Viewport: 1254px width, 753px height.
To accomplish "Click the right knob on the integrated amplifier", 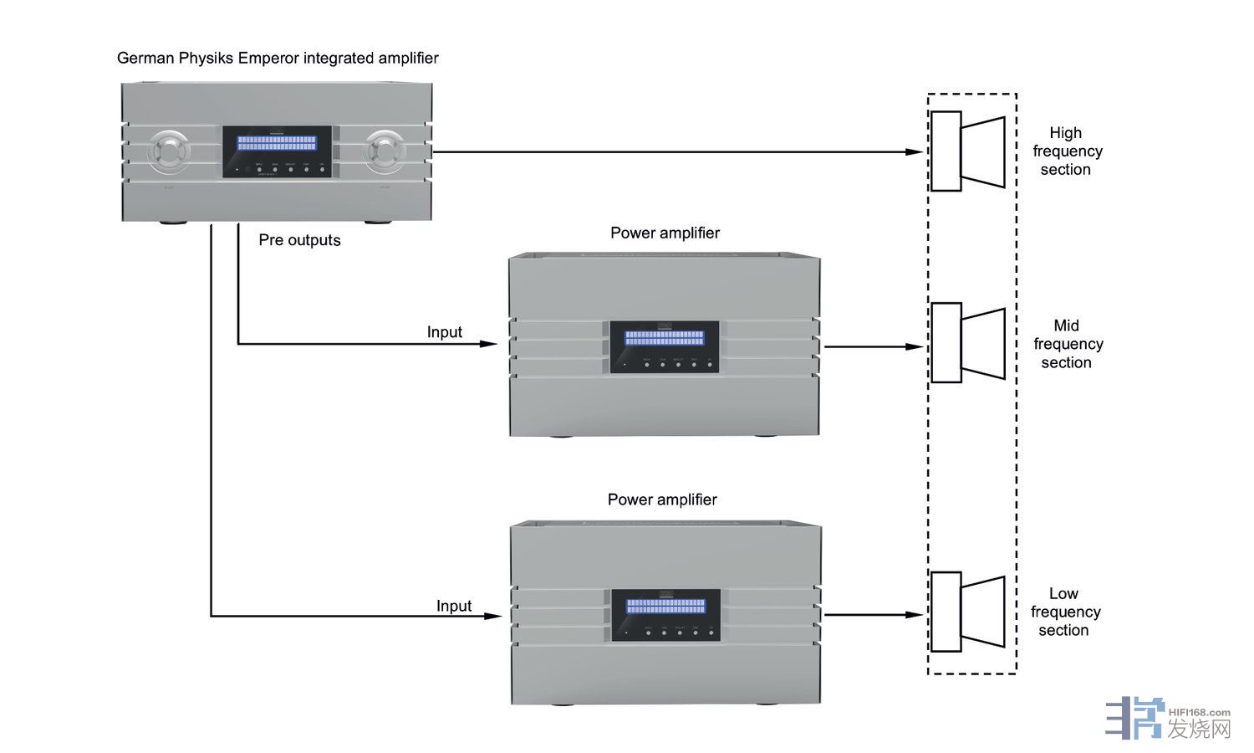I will click(x=385, y=152).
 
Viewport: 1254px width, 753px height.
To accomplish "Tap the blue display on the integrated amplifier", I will click(x=277, y=143).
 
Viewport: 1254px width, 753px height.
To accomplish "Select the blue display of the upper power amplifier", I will click(x=665, y=337).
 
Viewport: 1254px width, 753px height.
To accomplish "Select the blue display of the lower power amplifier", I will click(x=666, y=606).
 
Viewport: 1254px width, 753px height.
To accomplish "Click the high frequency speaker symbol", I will click(x=967, y=151).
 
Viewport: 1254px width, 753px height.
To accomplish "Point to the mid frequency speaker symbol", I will click(x=967, y=343).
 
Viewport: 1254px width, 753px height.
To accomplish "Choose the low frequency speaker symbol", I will click(x=967, y=612).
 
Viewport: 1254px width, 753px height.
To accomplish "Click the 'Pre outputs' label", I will click(x=299, y=240).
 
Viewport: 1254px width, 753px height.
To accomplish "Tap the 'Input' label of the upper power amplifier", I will click(x=444, y=332).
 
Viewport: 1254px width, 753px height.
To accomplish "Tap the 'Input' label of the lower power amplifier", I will click(x=454, y=606).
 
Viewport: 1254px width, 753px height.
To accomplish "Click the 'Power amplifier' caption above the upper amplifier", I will click(x=665, y=233).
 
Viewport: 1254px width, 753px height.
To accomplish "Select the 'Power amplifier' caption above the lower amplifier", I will click(x=662, y=499).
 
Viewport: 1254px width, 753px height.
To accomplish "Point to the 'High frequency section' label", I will click(x=1067, y=151).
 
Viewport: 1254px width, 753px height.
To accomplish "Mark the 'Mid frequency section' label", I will click(x=1068, y=344).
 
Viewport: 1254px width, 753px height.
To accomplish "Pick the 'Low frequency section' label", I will click(x=1065, y=612).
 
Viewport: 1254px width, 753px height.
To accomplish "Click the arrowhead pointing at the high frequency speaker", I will click(x=915, y=152).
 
